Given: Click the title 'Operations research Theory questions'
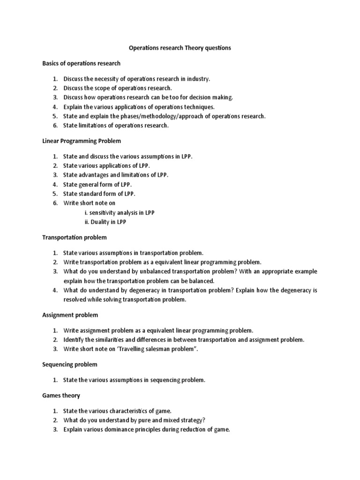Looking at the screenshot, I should (x=180, y=48).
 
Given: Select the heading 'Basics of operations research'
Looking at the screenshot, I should (x=81, y=63).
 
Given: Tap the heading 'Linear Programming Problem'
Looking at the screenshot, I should (x=82, y=141).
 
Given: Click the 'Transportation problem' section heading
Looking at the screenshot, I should (x=75, y=237).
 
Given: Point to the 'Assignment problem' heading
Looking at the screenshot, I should (x=70, y=315).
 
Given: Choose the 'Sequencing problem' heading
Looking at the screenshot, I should (x=70, y=364).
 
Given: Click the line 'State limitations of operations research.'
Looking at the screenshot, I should (x=116, y=126).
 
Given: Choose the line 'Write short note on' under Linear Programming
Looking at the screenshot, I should (x=89, y=203).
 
